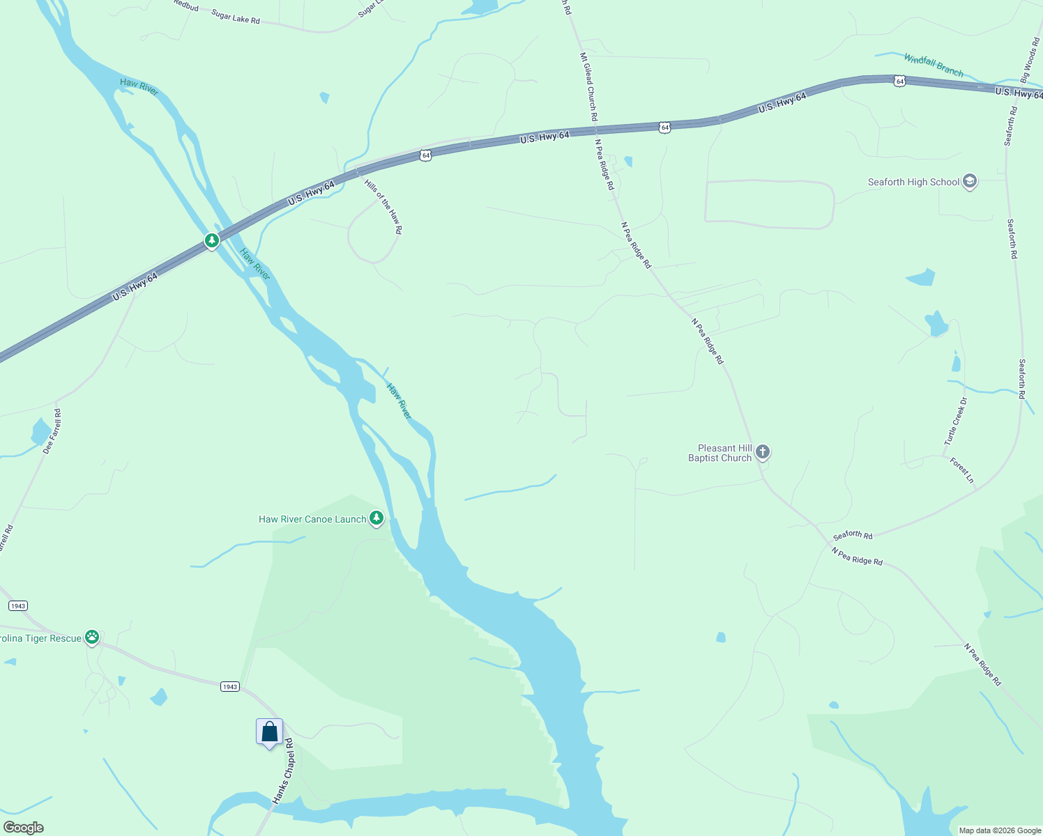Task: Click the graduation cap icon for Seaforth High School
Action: coord(969,182)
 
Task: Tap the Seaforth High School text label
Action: coord(913,182)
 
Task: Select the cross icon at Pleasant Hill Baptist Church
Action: coord(763,452)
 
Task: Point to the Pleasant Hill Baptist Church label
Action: coord(720,454)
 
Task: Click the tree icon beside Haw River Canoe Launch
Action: coord(376,518)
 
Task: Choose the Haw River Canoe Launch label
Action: coord(312,519)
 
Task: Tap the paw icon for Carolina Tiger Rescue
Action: coord(92,637)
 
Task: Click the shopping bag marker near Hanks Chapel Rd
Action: coord(270,732)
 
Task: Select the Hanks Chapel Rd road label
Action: coord(284,771)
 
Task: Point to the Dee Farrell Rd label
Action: coord(52,432)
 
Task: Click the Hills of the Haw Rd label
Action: coord(383,206)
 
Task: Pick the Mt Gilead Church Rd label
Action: coord(588,86)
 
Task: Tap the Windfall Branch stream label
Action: coord(934,65)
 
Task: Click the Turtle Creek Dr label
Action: coord(956,421)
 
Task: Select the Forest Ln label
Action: coord(961,470)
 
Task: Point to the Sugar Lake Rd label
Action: coord(236,17)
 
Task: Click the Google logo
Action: coord(23,828)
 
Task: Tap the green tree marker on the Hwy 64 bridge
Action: coord(212,240)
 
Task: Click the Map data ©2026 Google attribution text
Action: coord(1000,830)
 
